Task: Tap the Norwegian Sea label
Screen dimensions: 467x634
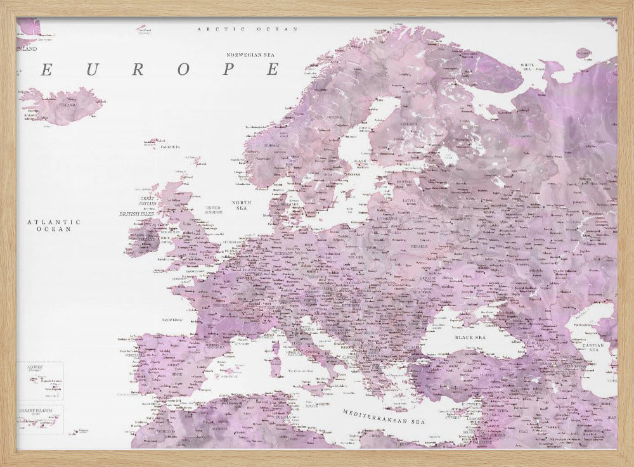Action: [x=254, y=55]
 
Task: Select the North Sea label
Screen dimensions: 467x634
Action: [x=242, y=205]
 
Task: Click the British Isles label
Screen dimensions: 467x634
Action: [x=136, y=214]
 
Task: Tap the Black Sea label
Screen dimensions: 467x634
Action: [x=470, y=338]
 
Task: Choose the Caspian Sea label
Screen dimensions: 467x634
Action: [x=595, y=347]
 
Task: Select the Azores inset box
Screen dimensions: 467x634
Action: [x=40, y=380]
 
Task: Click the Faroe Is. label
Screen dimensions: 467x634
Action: [x=170, y=146]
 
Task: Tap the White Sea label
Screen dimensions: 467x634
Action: [x=527, y=67]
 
